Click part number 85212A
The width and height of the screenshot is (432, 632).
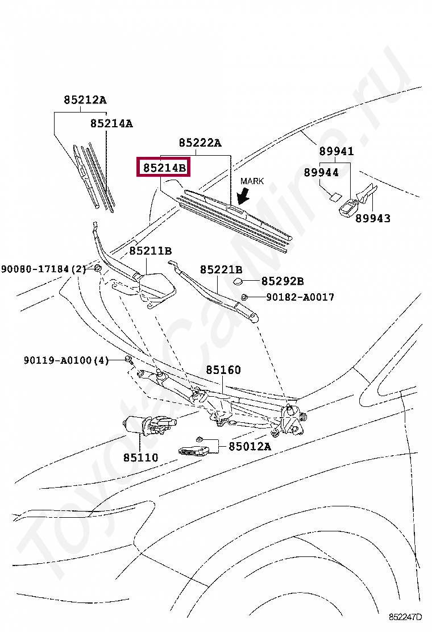click(x=85, y=100)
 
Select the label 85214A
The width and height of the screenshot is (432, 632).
click(x=111, y=123)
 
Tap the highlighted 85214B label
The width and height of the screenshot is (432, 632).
click(x=164, y=168)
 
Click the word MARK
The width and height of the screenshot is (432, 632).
click(x=252, y=181)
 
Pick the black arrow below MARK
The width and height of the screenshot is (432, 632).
click(x=244, y=196)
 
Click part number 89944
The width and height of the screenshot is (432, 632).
click(x=321, y=172)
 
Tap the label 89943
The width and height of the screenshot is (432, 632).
click(x=373, y=218)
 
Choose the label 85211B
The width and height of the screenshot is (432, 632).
click(x=150, y=250)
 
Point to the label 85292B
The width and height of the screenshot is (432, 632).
click(x=283, y=281)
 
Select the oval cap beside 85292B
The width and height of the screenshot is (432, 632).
click(x=239, y=281)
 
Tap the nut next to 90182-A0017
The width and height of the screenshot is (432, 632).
click(x=244, y=297)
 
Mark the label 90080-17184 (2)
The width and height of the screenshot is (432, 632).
click(x=43, y=269)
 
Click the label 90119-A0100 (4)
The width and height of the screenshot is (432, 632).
click(x=66, y=360)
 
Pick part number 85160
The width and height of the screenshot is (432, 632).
click(x=223, y=370)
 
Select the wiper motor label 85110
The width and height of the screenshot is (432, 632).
click(x=141, y=457)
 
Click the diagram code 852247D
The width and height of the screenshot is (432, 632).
click(x=406, y=617)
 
